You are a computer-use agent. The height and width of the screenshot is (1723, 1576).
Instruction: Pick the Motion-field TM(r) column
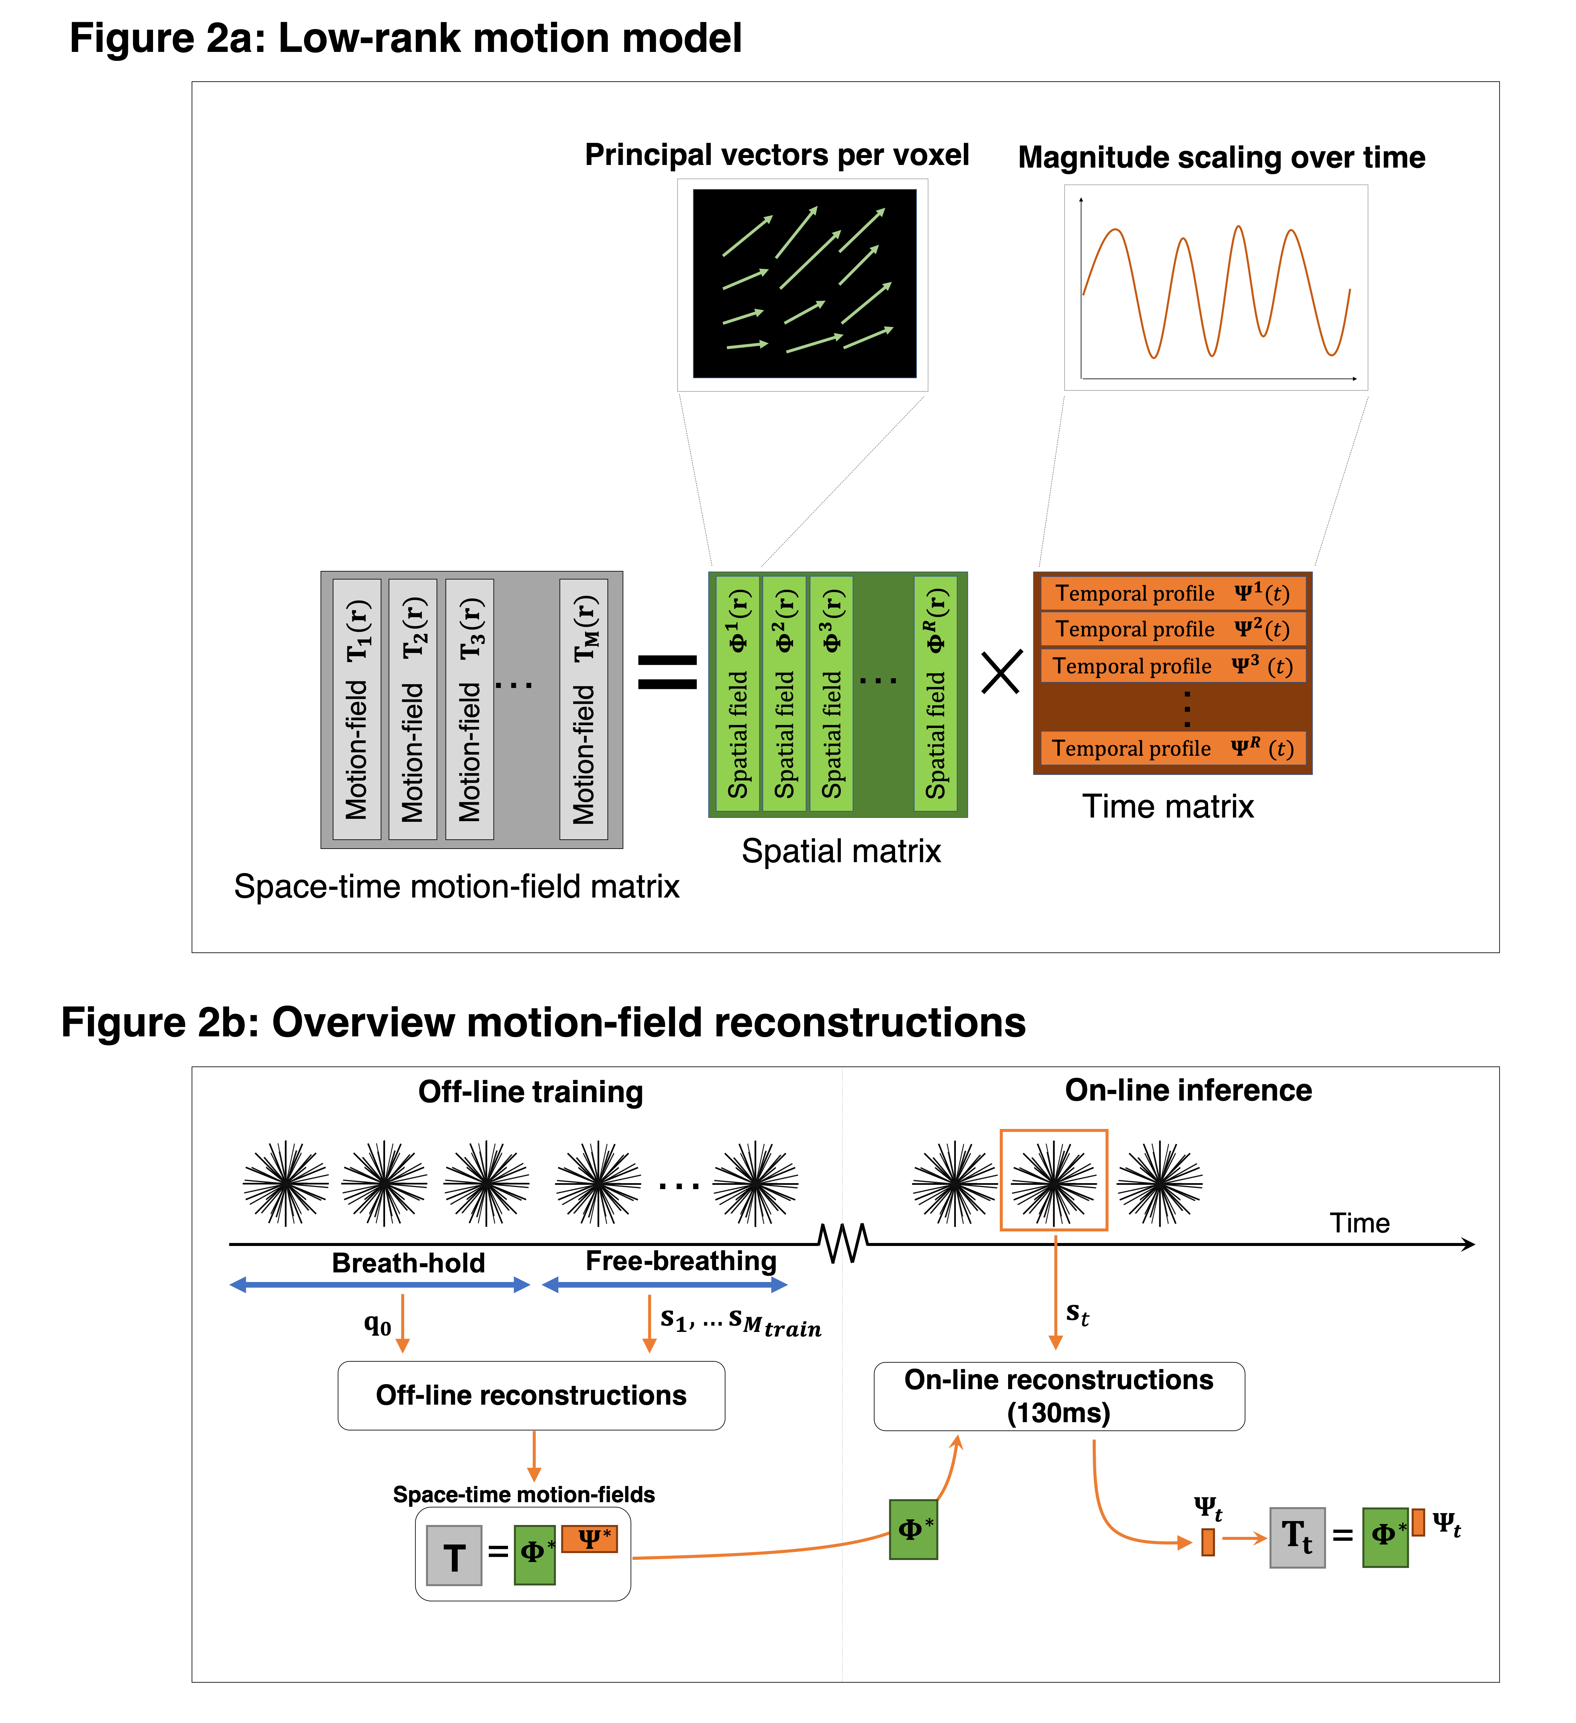[x=584, y=709]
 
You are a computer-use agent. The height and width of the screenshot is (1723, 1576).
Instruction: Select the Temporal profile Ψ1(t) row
[x=1173, y=593]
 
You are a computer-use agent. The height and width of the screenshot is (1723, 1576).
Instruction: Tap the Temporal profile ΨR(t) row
[x=1173, y=749]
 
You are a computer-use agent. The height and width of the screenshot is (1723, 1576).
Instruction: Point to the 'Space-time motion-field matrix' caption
[x=456, y=886]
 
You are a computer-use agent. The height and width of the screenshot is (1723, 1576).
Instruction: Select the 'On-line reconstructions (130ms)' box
[x=1059, y=1396]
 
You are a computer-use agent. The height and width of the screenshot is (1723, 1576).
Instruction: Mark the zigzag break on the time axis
[x=844, y=1244]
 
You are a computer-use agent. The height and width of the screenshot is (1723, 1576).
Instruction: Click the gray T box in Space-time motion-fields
[x=454, y=1555]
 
